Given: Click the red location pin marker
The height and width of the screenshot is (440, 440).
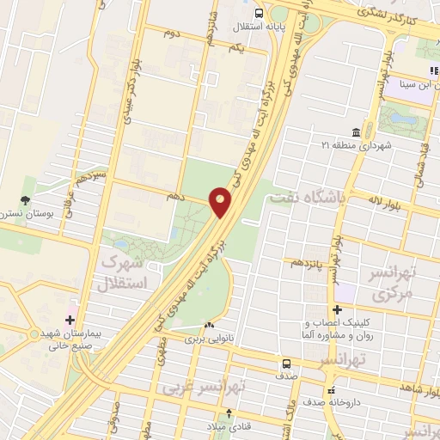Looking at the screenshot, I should (221, 202).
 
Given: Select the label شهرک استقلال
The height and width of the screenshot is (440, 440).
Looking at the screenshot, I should (124, 270).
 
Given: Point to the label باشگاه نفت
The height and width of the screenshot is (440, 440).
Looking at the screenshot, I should (307, 198).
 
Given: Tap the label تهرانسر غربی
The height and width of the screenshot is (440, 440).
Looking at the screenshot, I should (205, 388).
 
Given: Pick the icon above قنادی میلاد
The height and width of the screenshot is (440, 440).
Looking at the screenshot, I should (227, 412).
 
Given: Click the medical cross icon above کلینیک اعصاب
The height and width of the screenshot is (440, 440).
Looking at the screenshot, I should (338, 309).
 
